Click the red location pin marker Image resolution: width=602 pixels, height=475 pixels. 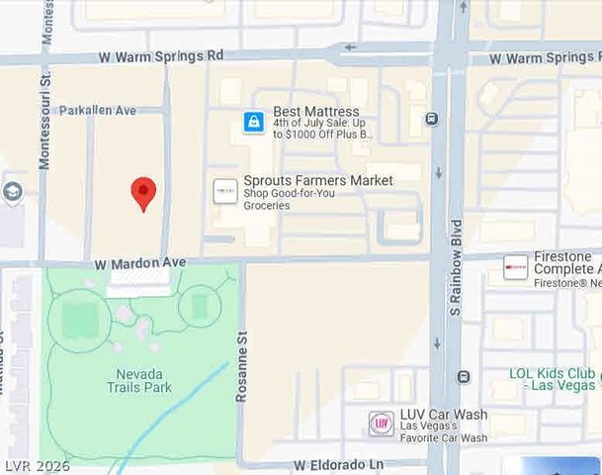144,192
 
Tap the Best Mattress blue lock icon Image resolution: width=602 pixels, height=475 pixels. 254,123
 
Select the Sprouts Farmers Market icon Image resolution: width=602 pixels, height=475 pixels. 226,190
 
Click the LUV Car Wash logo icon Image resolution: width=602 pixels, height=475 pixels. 381,424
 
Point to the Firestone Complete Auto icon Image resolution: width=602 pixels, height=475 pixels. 515,267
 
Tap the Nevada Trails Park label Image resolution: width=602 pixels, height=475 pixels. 139,380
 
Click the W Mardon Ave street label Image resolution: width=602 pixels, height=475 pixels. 140,263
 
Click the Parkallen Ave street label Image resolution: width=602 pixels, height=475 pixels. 97,111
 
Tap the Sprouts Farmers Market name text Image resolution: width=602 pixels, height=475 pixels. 318,180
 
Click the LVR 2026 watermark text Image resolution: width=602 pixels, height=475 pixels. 37,465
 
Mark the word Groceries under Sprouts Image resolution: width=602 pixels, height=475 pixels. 267,206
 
